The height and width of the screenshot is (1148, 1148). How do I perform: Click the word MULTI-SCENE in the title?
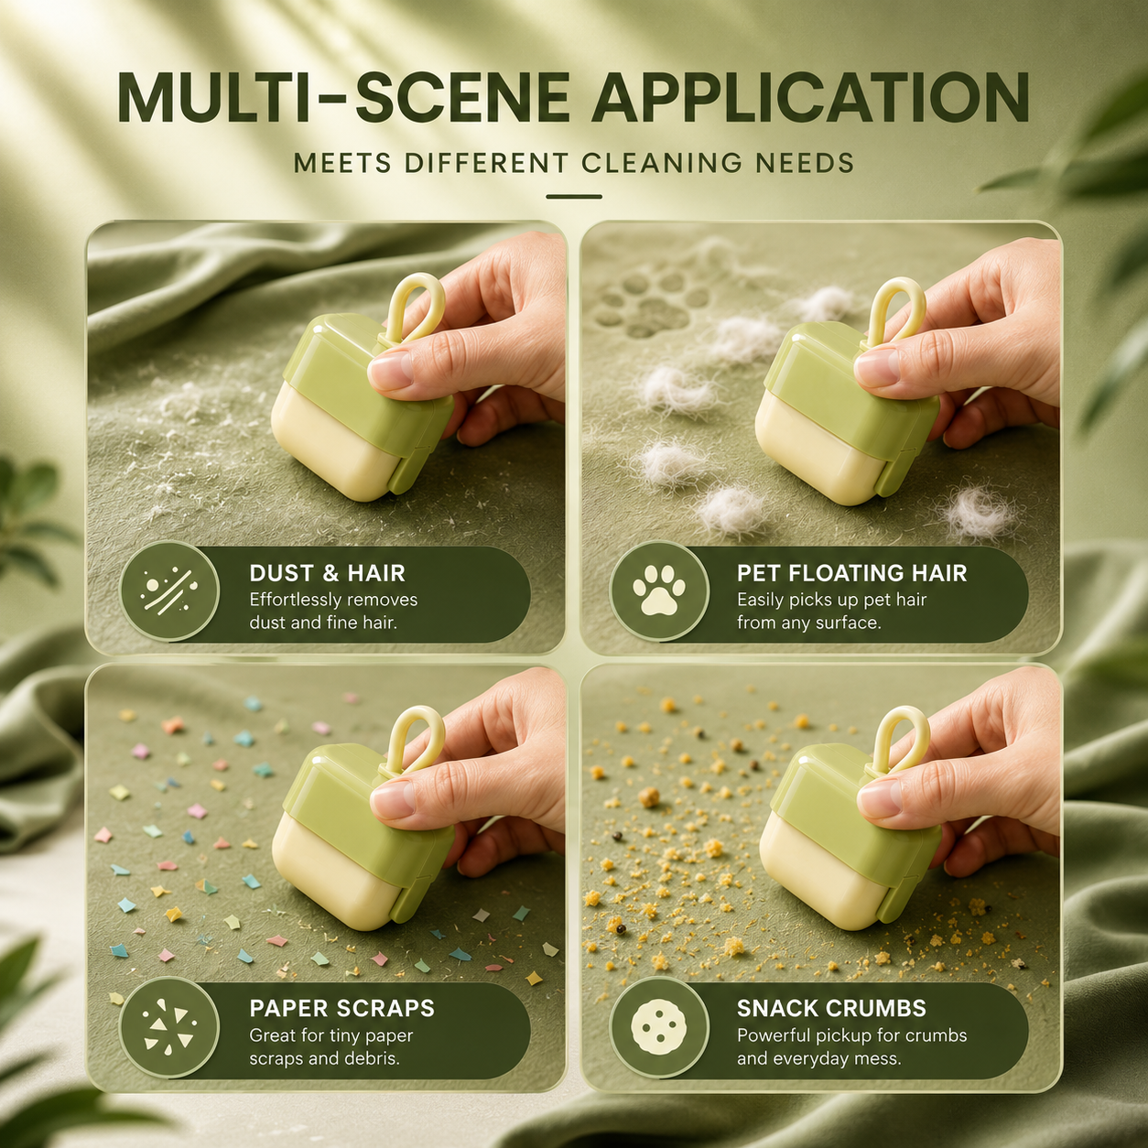click(343, 98)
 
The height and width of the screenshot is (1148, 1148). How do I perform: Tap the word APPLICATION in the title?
click(810, 98)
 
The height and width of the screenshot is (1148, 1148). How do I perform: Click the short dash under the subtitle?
click(574, 197)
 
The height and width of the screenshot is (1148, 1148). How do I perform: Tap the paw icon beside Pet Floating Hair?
click(659, 590)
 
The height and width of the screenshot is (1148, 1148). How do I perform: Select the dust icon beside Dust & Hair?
click(169, 590)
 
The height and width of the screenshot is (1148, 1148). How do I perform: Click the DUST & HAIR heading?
click(327, 573)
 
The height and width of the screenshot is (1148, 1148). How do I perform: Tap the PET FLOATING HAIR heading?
click(852, 573)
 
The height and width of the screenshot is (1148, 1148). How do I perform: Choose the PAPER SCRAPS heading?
click(342, 1008)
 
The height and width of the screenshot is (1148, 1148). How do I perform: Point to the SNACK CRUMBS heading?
click(831, 1008)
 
